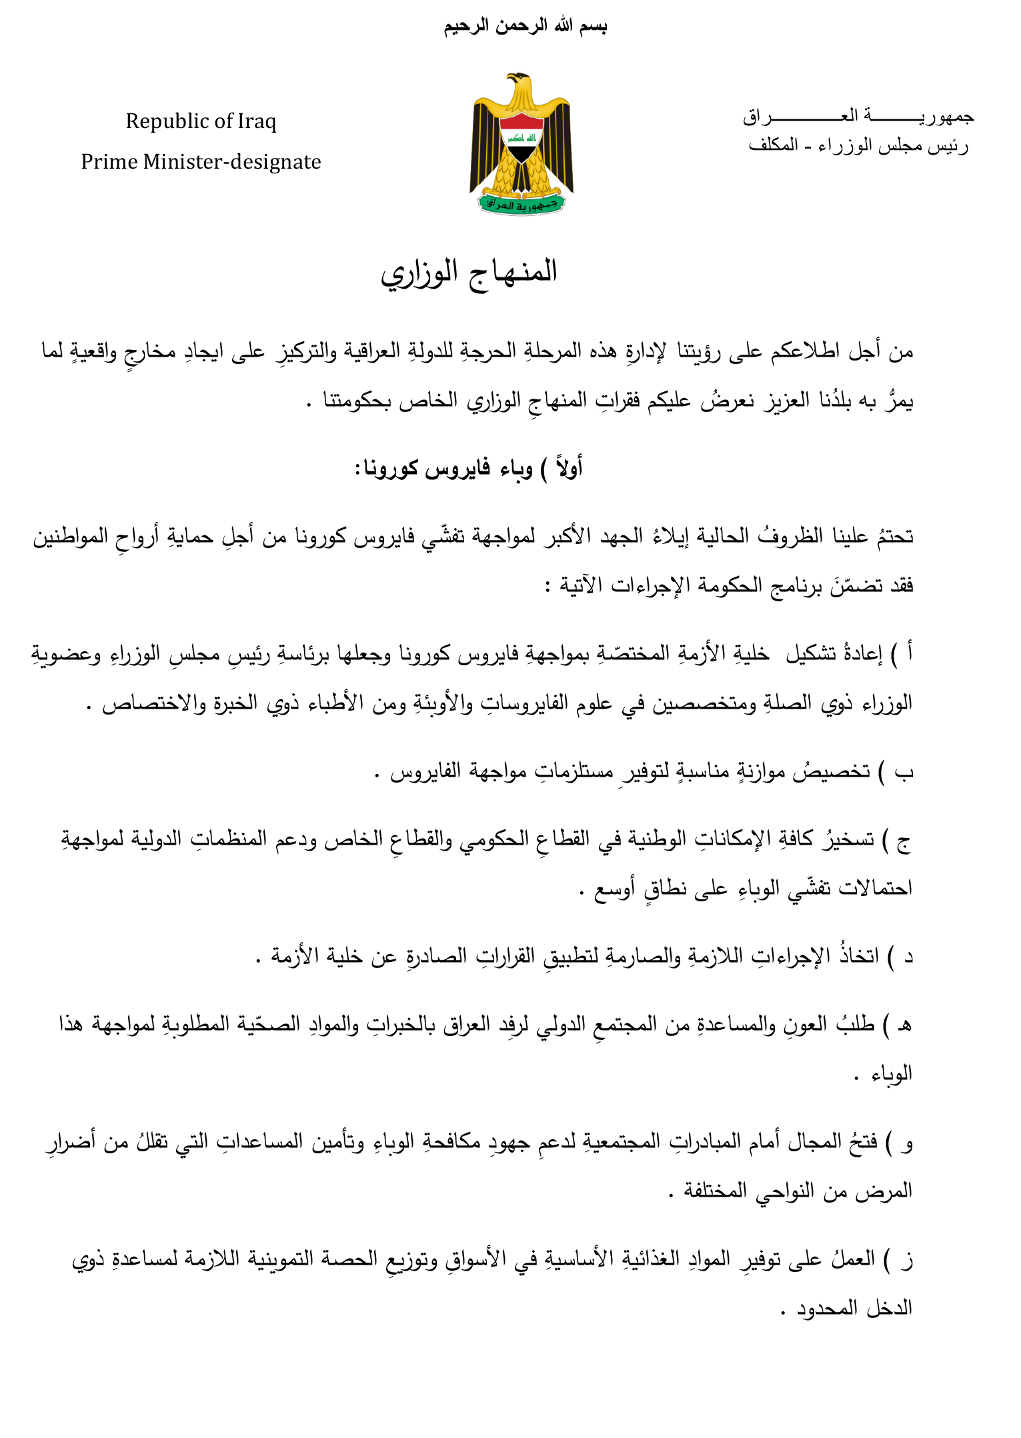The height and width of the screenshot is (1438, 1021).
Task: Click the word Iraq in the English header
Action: (x=256, y=121)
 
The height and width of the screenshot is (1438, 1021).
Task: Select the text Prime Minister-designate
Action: (x=201, y=162)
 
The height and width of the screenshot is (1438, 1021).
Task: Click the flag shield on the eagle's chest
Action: (x=522, y=137)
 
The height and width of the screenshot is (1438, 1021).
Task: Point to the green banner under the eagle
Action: (x=522, y=204)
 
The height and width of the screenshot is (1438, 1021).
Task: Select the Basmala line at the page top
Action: (x=525, y=27)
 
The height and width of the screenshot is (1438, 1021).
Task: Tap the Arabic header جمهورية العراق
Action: (x=858, y=117)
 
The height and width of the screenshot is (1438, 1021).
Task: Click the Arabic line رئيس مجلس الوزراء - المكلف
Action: (x=858, y=145)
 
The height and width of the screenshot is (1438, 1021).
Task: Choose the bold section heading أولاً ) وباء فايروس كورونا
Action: (x=469, y=469)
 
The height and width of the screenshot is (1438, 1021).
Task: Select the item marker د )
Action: (x=900, y=957)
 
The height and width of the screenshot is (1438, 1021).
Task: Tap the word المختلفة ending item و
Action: (x=714, y=1191)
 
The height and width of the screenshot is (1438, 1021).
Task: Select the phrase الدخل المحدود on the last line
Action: (x=854, y=1309)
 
